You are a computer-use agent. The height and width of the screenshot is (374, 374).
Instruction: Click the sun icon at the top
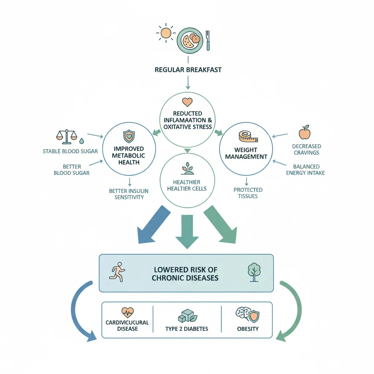click(166, 33)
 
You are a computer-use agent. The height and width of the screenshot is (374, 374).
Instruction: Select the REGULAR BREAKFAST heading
click(188, 70)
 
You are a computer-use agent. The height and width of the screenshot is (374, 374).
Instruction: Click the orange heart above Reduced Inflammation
click(187, 102)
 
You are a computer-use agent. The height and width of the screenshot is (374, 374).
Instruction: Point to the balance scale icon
click(67, 137)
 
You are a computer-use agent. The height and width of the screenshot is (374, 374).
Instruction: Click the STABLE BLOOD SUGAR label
click(70, 151)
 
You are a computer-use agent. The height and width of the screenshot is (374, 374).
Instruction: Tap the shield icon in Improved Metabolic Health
click(129, 136)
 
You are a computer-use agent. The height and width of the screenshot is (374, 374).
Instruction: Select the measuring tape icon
click(248, 136)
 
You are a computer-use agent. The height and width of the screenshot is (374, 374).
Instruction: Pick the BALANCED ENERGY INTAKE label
click(306, 169)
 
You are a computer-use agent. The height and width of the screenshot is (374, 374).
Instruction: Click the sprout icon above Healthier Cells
click(187, 168)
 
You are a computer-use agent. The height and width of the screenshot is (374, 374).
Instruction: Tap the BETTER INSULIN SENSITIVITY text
click(129, 194)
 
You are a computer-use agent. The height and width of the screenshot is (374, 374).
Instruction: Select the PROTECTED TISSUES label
click(248, 193)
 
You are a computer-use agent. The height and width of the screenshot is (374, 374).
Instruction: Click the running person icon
click(117, 272)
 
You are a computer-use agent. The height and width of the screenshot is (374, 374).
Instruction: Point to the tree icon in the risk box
click(254, 272)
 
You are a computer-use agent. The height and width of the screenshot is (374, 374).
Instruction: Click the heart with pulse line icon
click(127, 312)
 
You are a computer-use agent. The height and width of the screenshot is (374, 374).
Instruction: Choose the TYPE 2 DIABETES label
click(187, 329)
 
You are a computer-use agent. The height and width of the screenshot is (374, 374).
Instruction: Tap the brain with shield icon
click(248, 314)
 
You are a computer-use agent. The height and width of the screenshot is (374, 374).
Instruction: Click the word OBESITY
click(248, 329)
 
